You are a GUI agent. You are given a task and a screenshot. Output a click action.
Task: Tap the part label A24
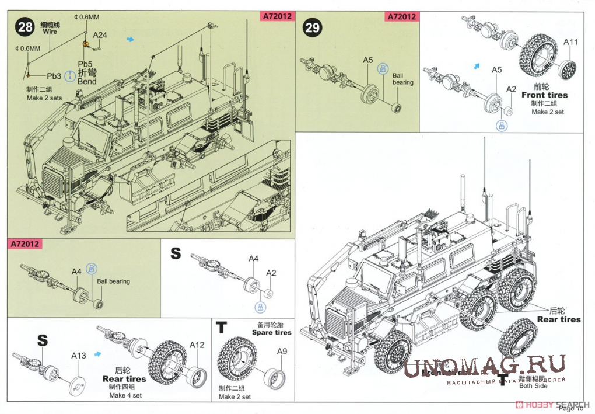[100, 35]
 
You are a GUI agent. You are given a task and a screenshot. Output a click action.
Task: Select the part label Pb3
[54, 76]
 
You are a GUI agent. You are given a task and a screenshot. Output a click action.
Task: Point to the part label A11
[570, 42]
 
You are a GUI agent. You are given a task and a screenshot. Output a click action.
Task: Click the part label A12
[197, 345]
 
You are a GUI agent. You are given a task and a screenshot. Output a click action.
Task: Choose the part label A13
[79, 356]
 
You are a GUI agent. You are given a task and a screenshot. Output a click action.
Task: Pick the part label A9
[282, 351]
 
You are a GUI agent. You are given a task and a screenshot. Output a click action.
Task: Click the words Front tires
[544, 95]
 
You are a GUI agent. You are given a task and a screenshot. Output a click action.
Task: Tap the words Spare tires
[271, 332]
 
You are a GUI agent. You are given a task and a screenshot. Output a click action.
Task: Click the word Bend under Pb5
[87, 81]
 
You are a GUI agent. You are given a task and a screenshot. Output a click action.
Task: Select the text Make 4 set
[125, 395]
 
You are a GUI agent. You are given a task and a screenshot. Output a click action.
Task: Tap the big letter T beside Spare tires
[222, 328]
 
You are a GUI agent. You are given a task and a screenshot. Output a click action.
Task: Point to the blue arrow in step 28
[131, 39]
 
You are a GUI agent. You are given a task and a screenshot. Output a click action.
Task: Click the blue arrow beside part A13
[99, 353]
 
